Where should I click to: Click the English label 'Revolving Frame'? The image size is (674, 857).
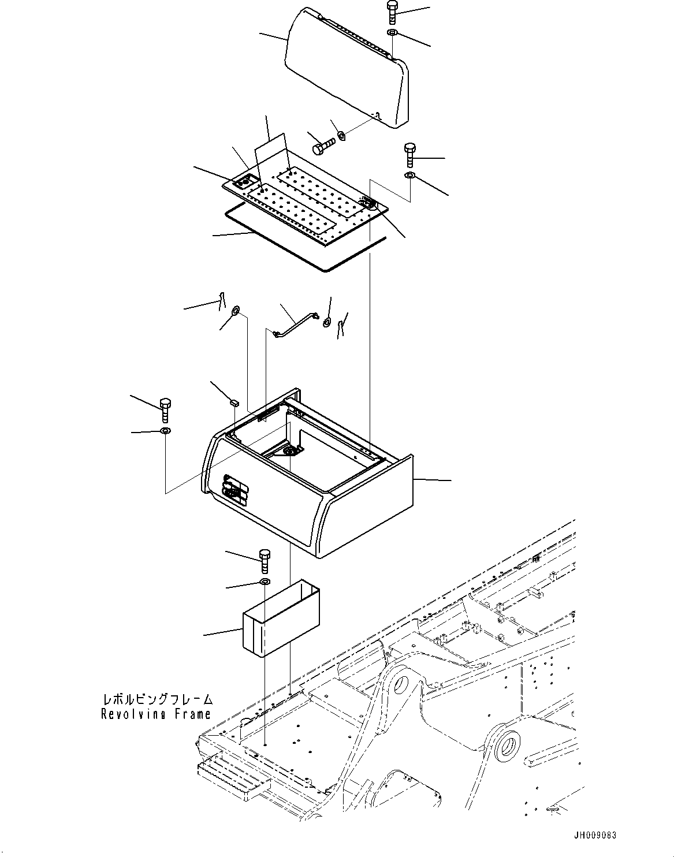click(156, 714)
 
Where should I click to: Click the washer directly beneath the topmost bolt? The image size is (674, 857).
click(392, 32)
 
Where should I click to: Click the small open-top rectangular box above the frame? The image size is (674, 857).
click(281, 621)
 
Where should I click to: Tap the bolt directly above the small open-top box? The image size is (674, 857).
click(265, 560)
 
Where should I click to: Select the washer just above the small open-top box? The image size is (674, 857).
click(265, 581)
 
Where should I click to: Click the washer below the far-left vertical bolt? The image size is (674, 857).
click(165, 431)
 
